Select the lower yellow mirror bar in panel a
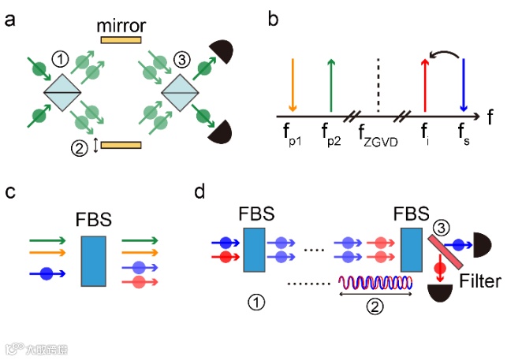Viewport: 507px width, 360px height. (x=121, y=145)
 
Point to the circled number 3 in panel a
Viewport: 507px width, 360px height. (x=180, y=58)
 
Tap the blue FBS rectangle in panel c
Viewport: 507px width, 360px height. (x=94, y=259)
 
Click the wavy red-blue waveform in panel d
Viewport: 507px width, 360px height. (x=375, y=283)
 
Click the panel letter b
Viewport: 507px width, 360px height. (x=273, y=17)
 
